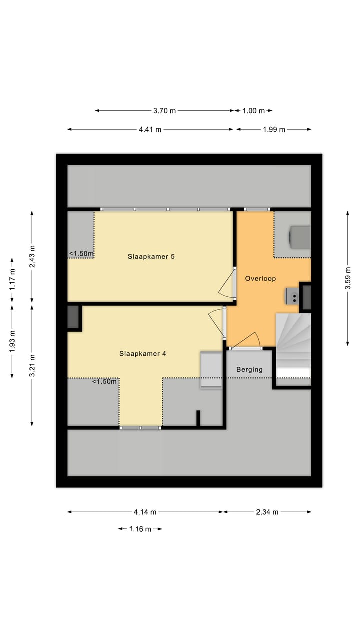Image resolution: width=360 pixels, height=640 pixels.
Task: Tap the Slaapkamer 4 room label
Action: tap(142, 353)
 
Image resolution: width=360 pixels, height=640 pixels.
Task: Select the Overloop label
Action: tap(260, 278)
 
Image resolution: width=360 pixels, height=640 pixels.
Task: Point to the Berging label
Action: tap(249, 370)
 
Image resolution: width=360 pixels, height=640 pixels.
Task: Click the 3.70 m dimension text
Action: tap(164, 111)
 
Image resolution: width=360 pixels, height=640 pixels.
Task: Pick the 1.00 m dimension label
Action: tap(254, 111)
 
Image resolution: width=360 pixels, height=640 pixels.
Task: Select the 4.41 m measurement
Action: tap(150, 129)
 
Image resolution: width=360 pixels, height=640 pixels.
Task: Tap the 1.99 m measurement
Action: tap(274, 129)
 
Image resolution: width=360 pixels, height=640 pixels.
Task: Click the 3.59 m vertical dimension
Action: tap(348, 278)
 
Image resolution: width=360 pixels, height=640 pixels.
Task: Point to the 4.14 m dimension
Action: tap(145, 512)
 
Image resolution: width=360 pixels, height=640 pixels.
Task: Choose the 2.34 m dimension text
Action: tap(267, 512)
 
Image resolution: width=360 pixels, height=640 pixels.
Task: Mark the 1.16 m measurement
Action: tap(140, 529)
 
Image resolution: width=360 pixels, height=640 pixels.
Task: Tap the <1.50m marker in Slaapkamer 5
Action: tap(81, 254)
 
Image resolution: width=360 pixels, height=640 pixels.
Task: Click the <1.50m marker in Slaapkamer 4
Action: tap(104, 382)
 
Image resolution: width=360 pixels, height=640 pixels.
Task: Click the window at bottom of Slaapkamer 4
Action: tap(140, 427)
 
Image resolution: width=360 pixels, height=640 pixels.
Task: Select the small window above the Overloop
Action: tap(257, 209)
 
